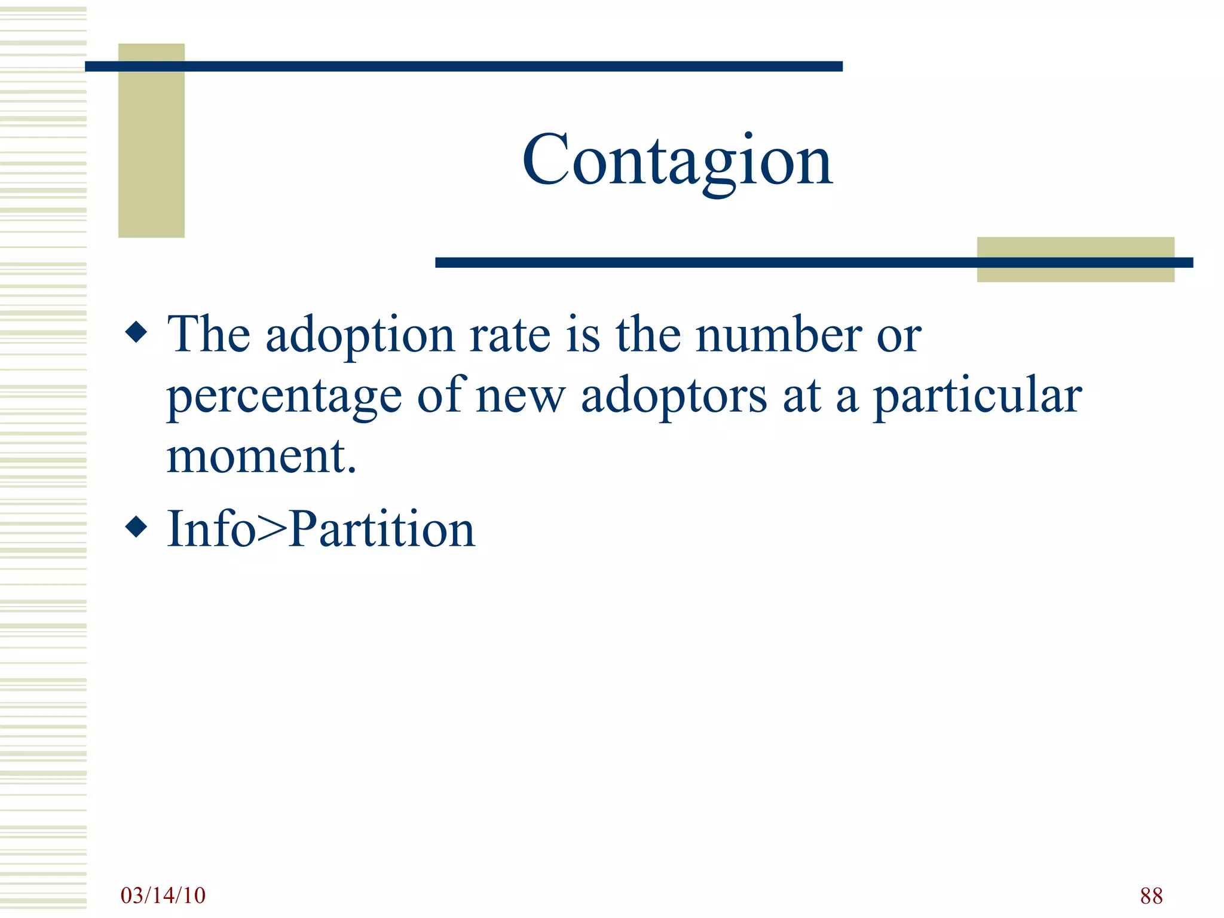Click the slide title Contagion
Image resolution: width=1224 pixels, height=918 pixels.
[677, 160]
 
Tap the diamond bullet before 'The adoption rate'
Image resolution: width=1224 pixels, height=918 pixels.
[137, 332]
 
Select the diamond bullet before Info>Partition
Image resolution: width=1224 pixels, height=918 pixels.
[137, 527]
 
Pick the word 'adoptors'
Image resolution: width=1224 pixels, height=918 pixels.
[674, 396]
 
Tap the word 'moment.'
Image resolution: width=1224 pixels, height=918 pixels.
[261, 457]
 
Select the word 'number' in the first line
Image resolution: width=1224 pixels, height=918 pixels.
[779, 335]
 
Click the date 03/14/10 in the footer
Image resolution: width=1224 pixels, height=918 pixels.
[163, 895]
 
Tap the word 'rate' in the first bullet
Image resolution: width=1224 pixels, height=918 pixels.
[510, 335]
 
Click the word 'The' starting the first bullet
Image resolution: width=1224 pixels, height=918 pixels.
[209, 335]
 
